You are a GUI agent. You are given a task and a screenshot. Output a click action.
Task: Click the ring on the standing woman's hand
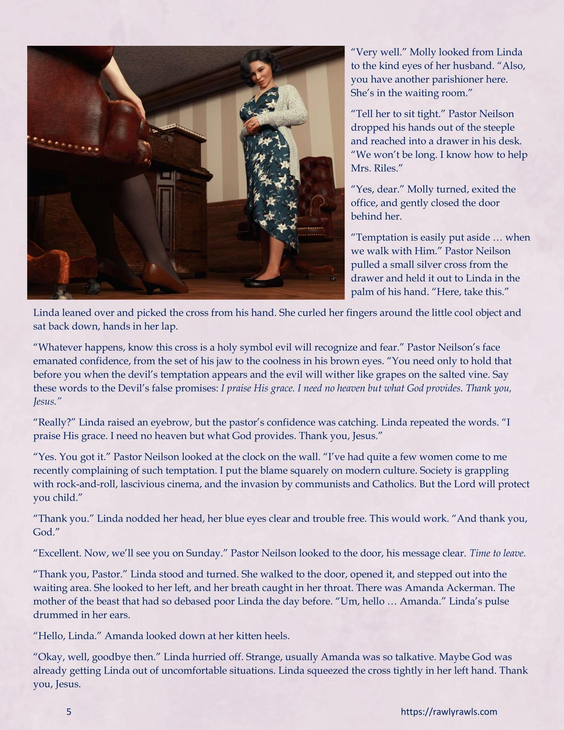tap(252, 124)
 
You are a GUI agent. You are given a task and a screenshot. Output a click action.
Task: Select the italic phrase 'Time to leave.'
tap(498, 553)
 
